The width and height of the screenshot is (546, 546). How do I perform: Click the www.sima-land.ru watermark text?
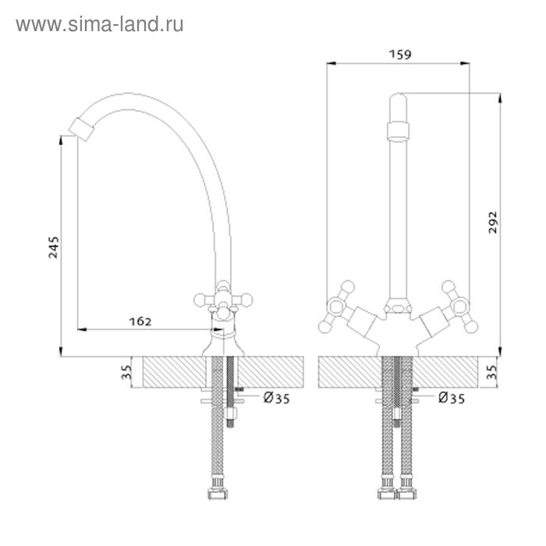pos(100,25)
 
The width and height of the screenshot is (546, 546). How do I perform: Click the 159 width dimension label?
pos(399,55)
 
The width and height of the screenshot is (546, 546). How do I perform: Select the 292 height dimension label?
pos(493,222)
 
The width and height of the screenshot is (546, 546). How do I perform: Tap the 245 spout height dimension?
pos(54,247)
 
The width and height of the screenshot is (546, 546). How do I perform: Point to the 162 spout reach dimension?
pos(140,321)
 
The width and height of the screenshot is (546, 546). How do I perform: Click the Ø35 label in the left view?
pos(276,398)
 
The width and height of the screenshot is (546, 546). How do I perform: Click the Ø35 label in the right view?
pos(452,398)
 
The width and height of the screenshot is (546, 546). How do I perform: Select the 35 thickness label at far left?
pos(126,372)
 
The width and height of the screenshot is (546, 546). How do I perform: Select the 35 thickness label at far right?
pos(491,372)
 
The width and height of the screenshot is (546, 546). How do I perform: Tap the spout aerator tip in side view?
pos(81,129)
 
